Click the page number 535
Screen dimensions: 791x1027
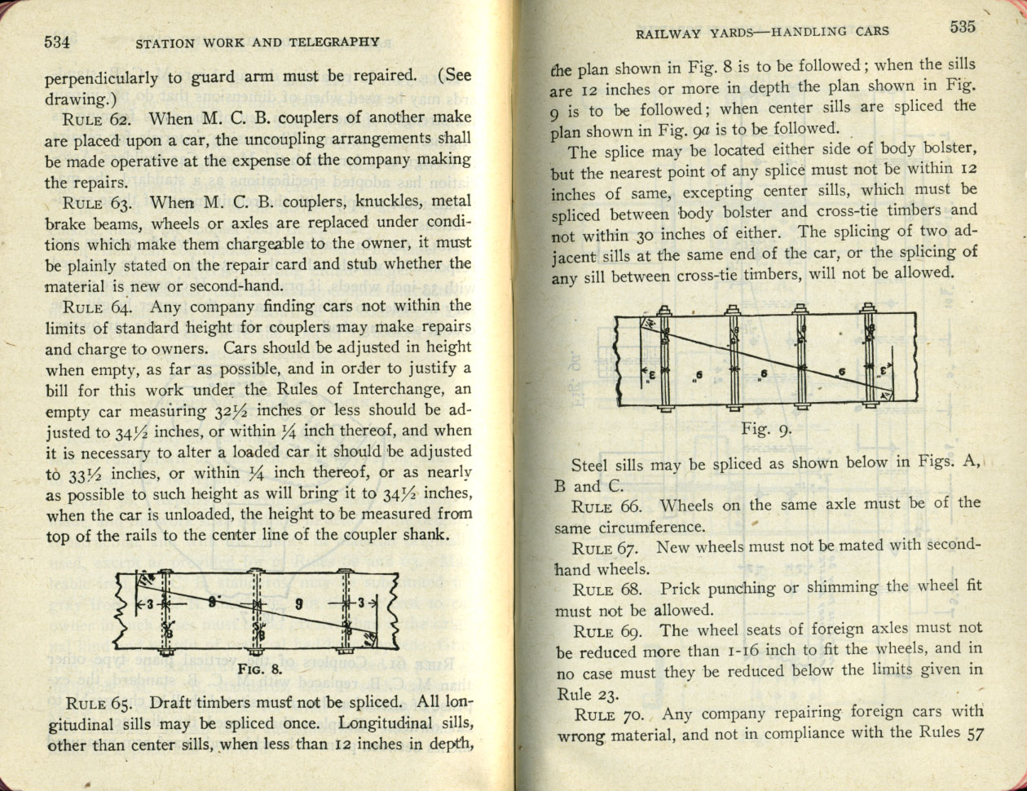click(963, 27)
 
